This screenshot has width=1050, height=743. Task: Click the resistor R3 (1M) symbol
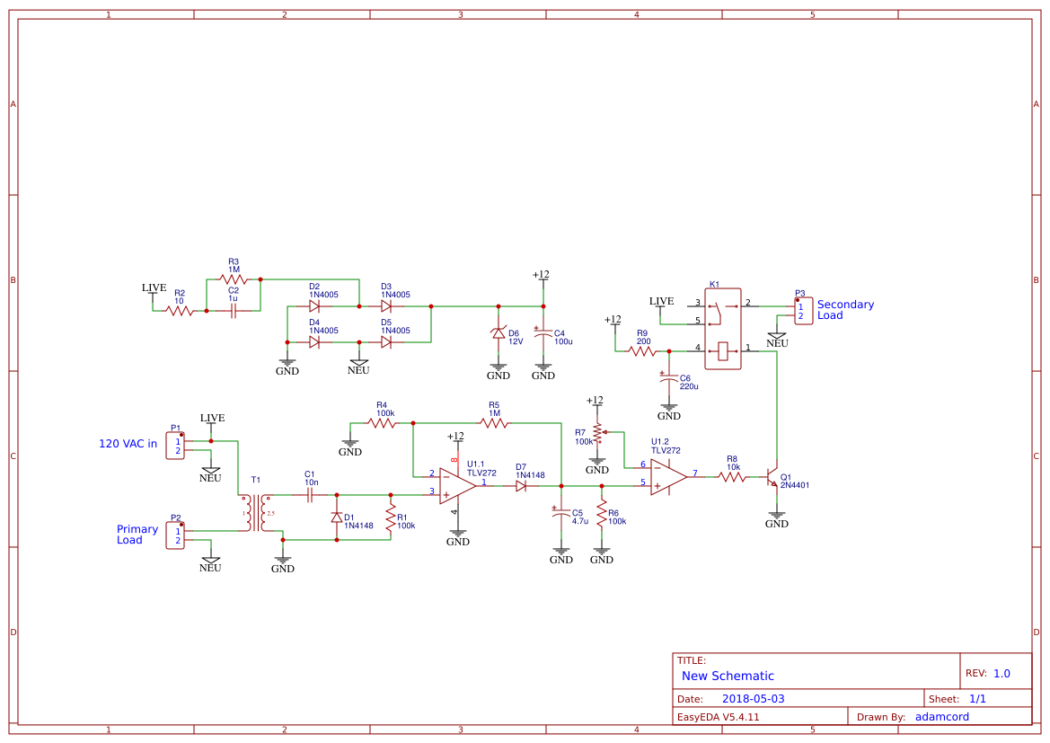click(234, 279)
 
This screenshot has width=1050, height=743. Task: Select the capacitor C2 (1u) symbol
click(234, 311)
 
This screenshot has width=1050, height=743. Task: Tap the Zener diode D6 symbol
click(499, 333)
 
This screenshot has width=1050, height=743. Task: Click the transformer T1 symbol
click(256, 513)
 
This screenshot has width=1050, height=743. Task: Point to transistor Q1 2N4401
click(772, 477)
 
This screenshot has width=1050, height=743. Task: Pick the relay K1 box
click(722, 328)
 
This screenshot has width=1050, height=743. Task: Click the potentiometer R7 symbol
click(597, 437)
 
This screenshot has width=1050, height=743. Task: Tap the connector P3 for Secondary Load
click(804, 311)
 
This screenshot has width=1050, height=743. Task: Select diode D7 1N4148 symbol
click(521, 485)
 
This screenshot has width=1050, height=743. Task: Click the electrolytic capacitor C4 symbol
click(543, 333)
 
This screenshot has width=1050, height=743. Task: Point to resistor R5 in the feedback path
click(493, 422)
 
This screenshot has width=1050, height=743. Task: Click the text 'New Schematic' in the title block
click(728, 676)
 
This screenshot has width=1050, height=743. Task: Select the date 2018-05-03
click(753, 699)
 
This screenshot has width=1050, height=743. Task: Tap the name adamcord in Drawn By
click(941, 717)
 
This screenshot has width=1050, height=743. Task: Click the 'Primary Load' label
click(137, 535)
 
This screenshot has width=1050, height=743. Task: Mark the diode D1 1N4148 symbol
click(337, 517)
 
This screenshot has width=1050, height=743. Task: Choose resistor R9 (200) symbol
click(642, 351)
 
